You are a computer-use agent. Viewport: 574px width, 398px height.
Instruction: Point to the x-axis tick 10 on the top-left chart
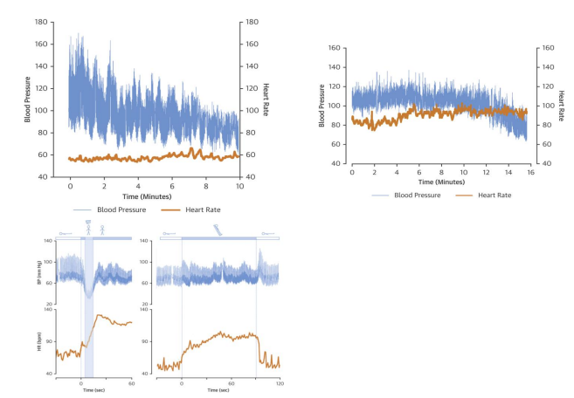pos(239,187)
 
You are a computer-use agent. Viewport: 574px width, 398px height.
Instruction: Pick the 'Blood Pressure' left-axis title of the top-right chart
pos(322,106)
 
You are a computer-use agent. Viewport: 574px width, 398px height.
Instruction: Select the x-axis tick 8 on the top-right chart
pos(441,174)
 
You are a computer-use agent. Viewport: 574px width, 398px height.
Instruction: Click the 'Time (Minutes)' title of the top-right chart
pos(440,182)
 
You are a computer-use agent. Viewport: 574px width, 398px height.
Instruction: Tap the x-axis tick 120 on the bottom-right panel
pos(280,383)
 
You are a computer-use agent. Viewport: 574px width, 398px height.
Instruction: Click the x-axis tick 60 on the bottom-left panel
pos(132,383)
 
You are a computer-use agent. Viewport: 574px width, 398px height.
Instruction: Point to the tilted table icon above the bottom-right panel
pos(218,229)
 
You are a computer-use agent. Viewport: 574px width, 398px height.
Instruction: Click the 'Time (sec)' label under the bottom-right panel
pos(219,390)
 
